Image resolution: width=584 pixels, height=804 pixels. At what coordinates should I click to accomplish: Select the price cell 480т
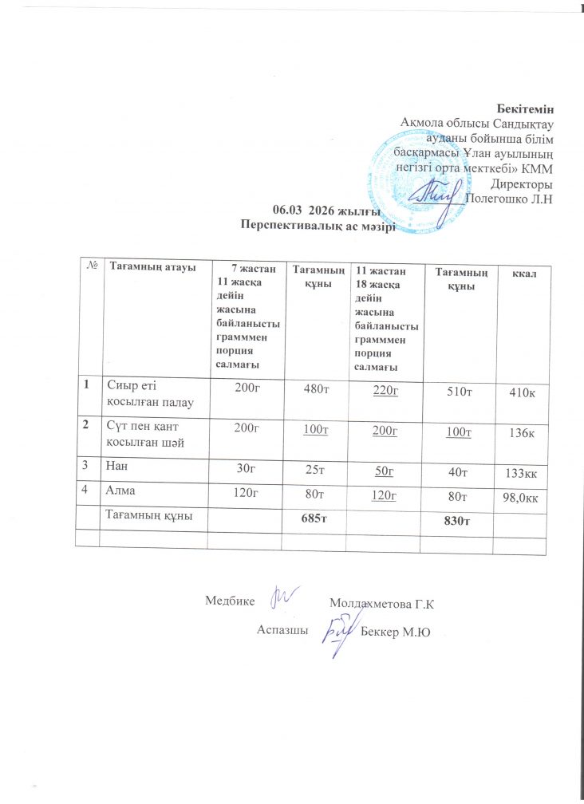click(x=318, y=389)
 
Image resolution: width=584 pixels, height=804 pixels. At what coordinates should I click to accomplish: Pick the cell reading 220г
click(x=385, y=389)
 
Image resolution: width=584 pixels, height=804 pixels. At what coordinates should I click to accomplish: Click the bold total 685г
click(x=318, y=519)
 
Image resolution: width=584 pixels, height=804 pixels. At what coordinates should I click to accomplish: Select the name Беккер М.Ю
click(x=396, y=632)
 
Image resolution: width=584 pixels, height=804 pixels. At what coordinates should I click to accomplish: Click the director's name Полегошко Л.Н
click(x=509, y=199)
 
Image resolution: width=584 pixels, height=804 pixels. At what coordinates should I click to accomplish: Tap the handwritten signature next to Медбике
click(x=285, y=596)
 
